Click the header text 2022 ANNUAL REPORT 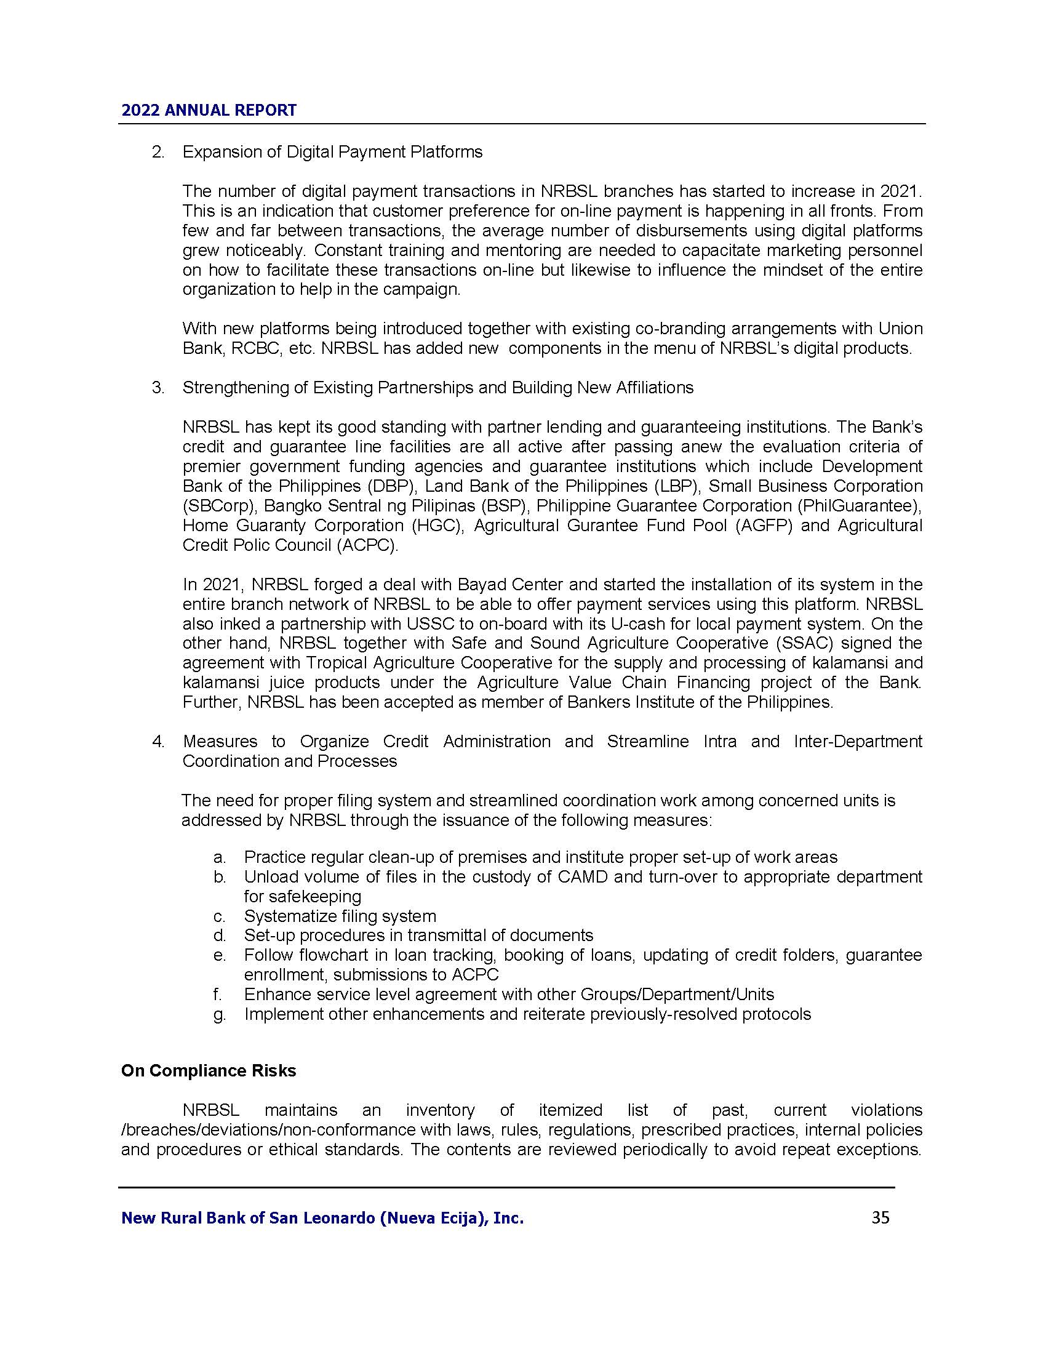coord(209,110)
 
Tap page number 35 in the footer coord(880,1217)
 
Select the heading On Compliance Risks coord(208,1072)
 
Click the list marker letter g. coord(219,1014)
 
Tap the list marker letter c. coord(219,916)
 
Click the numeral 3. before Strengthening coord(158,388)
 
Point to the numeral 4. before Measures coord(158,742)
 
